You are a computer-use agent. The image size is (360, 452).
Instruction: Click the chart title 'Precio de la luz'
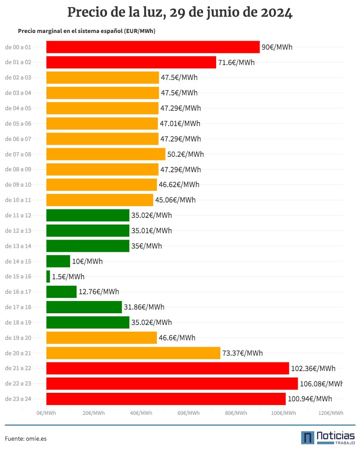click(x=180, y=13)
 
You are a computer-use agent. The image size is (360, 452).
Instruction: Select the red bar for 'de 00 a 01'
click(x=153, y=47)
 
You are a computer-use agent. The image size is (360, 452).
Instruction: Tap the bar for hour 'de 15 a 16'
click(x=48, y=277)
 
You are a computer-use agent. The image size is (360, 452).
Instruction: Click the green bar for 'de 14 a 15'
click(x=58, y=261)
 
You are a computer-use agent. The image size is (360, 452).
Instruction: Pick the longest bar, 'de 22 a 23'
click(x=172, y=384)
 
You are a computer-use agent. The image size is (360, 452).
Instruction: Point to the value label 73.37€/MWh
click(x=242, y=353)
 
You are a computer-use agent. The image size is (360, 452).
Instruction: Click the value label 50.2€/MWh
click(x=185, y=154)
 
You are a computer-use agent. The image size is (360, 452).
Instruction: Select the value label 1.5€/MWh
click(x=68, y=277)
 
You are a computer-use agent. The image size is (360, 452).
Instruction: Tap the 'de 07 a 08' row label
click(x=18, y=154)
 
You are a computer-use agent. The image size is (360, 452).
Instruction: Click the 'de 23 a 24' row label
click(x=18, y=399)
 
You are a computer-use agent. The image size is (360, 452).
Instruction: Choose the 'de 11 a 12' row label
click(x=18, y=215)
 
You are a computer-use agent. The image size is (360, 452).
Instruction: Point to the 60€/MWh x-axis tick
click(x=188, y=413)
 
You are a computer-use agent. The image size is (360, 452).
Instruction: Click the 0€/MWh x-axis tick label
click(x=46, y=413)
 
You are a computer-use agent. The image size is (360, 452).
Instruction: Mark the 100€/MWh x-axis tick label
click(x=283, y=413)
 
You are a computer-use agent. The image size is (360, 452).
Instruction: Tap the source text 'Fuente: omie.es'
click(x=26, y=438)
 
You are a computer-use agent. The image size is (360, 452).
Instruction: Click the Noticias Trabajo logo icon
click(x=308, y=438)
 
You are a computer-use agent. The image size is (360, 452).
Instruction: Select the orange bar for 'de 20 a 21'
click(x=133, y=353)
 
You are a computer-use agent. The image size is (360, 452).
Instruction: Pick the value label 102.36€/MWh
click(x=313, y=368)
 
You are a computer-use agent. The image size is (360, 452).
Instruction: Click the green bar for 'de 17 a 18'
click(x=84, y=307)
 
